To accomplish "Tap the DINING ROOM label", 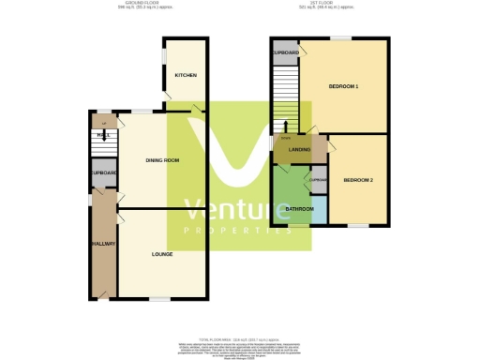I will (162, 161).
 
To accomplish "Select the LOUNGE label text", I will (162, 254).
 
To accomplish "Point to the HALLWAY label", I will (103, 244).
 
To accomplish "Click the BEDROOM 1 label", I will (344, 87).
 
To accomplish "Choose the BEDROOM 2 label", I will (358, 179).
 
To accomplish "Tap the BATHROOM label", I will (299, 208).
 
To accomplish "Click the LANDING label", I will (300, 150).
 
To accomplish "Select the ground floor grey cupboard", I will (103, 174).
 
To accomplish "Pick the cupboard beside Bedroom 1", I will (285, 53).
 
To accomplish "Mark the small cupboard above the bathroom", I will (318, 180).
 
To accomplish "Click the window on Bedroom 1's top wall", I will (339, 38).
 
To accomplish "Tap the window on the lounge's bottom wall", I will (158, 299).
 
